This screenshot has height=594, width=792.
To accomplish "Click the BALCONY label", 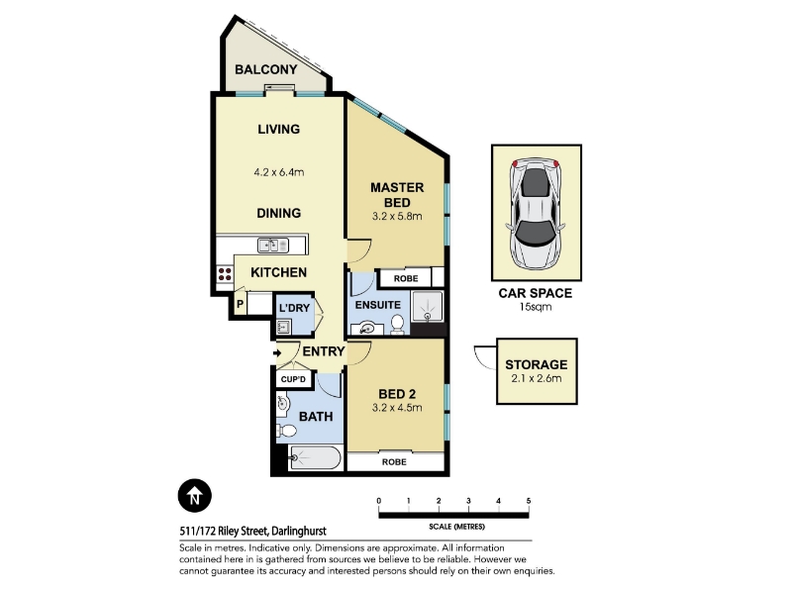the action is pyautogui.click(x=265, y=69).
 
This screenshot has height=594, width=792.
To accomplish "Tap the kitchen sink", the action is pyautogui.click(x=273, y=246).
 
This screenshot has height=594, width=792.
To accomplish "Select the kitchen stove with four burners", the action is pyautogui.click(x=225, y=275).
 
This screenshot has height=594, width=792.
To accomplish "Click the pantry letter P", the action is pyautogui.click(x=240, y=304).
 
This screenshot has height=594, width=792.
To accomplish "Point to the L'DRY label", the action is pyautogui.click(x=294, y=308).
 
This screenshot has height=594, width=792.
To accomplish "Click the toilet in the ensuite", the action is pyautogui.click(x=398, y=325).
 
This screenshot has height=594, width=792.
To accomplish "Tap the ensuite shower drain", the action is pyautogui.click(x=428, y=316).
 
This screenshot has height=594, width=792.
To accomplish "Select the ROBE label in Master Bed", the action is pyautogui.click(x=406, y=278).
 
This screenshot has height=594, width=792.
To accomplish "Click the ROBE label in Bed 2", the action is pyautogui.click(x=394, y=461).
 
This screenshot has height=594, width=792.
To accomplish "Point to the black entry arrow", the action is pyautogui.click(x=277, y=353).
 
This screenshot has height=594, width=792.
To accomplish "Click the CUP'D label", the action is pyautogui.click(x=293, y=379).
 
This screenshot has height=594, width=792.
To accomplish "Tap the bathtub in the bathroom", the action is pyautogui.click(x=316, y=457).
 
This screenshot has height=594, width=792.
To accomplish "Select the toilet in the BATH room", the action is pyautogui.click(x=286, y=432).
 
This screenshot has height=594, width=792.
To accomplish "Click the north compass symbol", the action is pyautogui.click(x=194, y=496).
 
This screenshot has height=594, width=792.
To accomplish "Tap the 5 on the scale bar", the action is pyautogui.click(x=529, y=501).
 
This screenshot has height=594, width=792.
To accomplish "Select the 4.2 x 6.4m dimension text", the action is pyautogui.click(x=279, y=172).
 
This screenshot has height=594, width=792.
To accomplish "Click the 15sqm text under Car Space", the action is pyautogui.click(x=536, y=307).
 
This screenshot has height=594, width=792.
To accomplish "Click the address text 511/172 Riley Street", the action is pyautogui.click(x=224, y=532).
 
